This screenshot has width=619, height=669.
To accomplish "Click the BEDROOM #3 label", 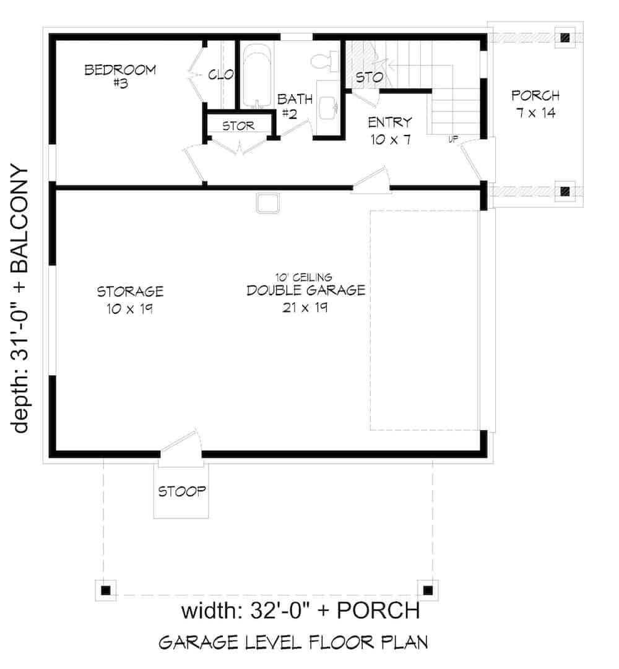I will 120,76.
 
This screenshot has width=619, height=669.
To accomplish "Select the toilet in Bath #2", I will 323,61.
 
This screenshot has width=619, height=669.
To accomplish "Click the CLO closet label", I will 220,76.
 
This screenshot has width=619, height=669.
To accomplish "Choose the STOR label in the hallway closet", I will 238,126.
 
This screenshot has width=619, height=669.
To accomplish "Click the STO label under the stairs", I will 369,78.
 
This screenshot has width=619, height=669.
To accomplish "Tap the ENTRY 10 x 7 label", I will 390,131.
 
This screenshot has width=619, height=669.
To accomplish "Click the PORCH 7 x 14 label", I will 535,105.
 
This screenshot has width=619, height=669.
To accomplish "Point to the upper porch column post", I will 565,37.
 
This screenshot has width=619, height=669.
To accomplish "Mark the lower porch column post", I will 565,191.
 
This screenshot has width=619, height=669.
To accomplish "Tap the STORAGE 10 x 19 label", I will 130,299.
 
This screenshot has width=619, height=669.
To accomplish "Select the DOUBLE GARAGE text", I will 306,290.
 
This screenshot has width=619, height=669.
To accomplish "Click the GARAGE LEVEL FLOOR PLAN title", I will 293,642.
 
